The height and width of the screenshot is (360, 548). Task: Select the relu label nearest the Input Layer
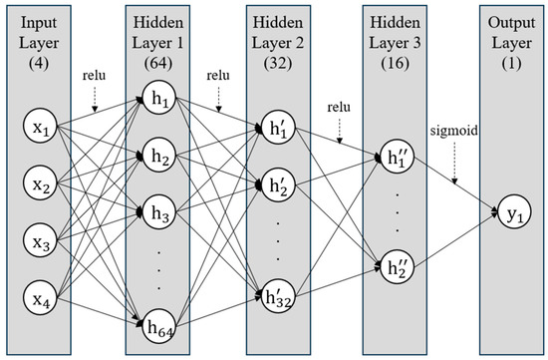[97, 75]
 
